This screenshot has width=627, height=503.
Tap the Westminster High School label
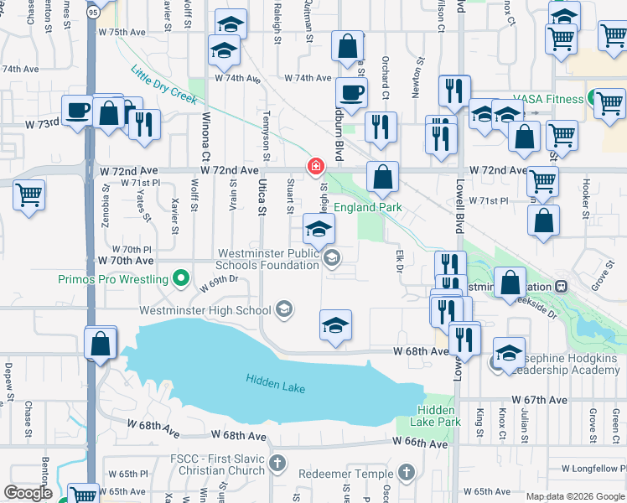click(205, 310)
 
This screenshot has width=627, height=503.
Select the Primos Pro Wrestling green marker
click(179, 277)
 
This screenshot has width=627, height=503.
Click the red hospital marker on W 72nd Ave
click(315, 166)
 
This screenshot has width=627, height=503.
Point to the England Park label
click(368, 207)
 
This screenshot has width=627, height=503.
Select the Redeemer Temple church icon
click(407, 473)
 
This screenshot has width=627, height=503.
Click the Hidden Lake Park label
click(437, 416)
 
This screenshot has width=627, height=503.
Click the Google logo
click(28, 493)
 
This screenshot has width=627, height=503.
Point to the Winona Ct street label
click(205, 127)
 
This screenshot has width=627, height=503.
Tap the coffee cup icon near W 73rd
click(78, 110)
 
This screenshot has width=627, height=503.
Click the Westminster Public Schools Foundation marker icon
click(333, 259)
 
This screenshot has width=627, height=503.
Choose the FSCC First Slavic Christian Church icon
click(277, 464)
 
